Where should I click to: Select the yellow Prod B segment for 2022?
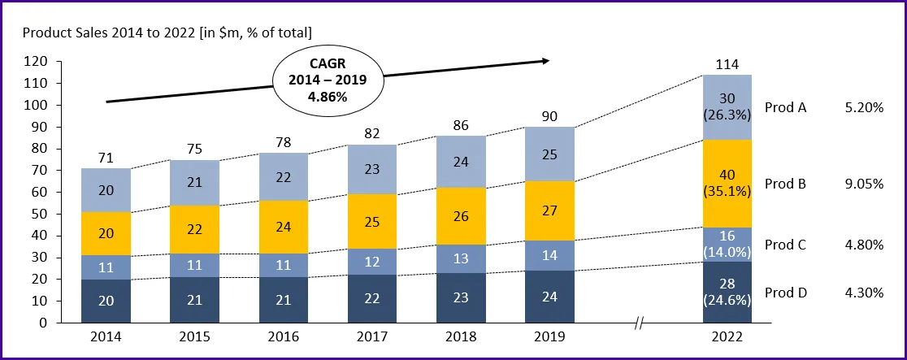click(x=727, y=184)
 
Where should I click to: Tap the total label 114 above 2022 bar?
click(x=727, y=63)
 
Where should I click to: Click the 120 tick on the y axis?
click(x=37, y=62)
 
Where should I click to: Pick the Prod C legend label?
click(x=785, y=244)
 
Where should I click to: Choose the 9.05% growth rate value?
click(x=864, y=184)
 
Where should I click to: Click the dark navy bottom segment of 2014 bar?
click(x=106, y=301)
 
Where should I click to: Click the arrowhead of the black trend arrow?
click(x=545, y=60)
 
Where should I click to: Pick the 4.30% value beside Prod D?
click(x=864, y=293)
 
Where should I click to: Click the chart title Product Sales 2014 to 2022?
click(x=167, y=33)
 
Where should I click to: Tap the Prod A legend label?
click(x=785, y=107)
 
